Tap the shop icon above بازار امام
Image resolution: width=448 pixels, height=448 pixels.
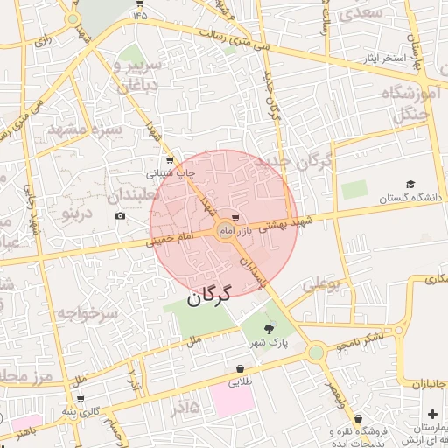[x=234, y=218]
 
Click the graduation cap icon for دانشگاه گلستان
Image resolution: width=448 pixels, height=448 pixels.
[x=408, y=185]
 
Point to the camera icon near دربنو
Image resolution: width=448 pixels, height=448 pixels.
[x=120, y=215]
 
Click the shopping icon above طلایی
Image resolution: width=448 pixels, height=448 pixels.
[x=239, y=368]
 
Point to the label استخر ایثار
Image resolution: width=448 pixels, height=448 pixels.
[x=386, y=59]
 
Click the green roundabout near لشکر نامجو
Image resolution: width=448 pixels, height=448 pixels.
[x=316, y=353]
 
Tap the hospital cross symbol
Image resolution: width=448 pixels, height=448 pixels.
[x=432, y=414]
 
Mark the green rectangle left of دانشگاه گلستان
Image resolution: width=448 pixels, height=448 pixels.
[x=353, y=189]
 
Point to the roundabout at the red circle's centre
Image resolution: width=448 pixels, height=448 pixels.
[x=224, y=230]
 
